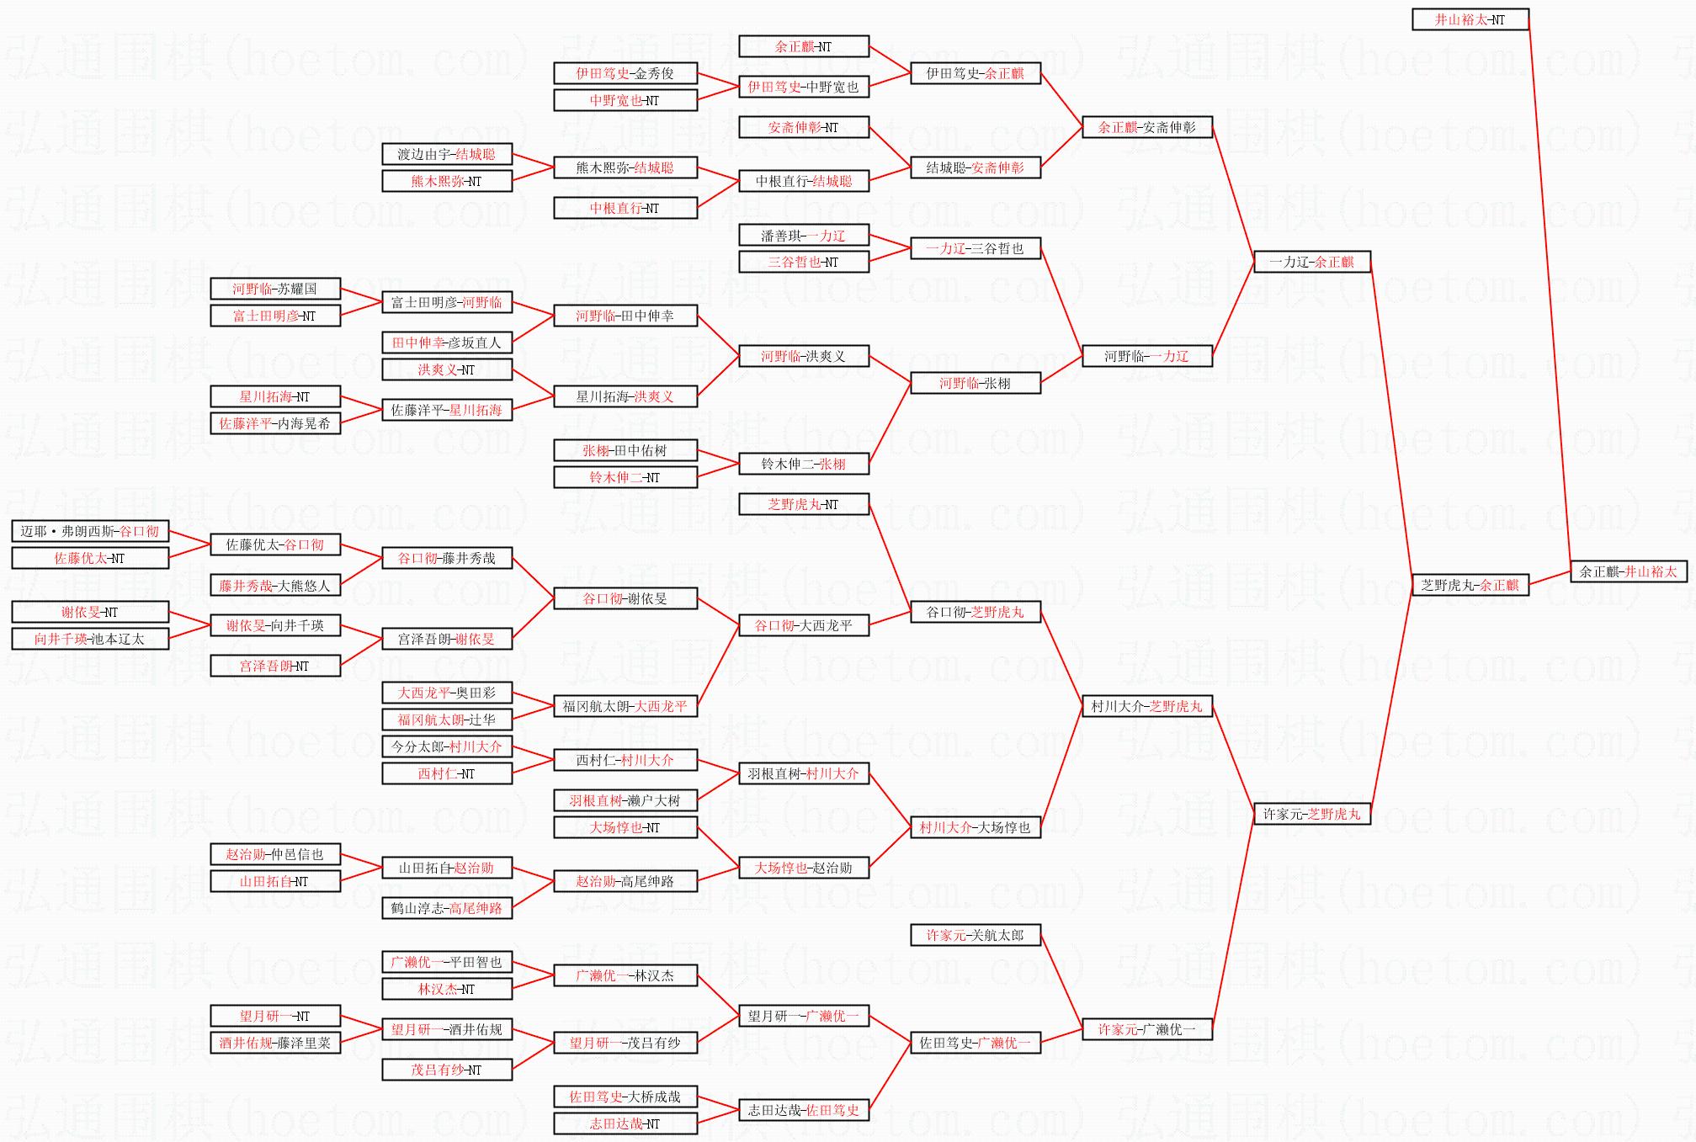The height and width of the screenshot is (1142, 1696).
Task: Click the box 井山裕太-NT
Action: click(x=1470, y=19)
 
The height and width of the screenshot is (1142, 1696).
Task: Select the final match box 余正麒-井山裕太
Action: click(x=1628, y=571)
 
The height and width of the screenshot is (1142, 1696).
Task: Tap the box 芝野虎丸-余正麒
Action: click(x=1470, y=585)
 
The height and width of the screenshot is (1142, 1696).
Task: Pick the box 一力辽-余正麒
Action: click(x=1311, y=262)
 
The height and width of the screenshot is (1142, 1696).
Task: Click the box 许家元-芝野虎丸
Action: click(x=1311, y=814)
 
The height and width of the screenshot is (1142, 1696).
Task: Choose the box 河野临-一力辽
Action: click(x=1146, y=356)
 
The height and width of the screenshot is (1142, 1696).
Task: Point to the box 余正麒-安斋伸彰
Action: click(x=1146, y=127)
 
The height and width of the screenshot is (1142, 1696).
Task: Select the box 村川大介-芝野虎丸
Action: click(x=1146, y=706)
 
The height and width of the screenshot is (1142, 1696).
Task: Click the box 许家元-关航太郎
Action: click(x=975, y=935)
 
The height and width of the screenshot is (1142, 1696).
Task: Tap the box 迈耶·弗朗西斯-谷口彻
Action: click(x=90, y=531)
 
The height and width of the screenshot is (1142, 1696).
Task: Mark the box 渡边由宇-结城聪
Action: click(x=446, y=154)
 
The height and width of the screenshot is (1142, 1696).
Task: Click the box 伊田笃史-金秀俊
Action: click(x=625, y=73)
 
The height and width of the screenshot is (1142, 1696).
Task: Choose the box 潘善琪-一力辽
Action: click(x=803, y=236)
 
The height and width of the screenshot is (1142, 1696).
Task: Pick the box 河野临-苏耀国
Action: click(x=274, y=289)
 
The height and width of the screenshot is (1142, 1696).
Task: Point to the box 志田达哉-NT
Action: click(x=625, y=1123)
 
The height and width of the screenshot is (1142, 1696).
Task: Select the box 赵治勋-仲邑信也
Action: click(x=274, y=854)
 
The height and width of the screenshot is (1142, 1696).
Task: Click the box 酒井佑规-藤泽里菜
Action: click(x=274, y=1043)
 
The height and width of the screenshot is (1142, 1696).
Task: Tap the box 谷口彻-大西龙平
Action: click(x=803, y=625)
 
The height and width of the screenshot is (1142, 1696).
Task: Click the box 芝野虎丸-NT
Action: click(x=803, y=504)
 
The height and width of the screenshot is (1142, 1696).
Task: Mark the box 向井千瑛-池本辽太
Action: click(x=90, y=639)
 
